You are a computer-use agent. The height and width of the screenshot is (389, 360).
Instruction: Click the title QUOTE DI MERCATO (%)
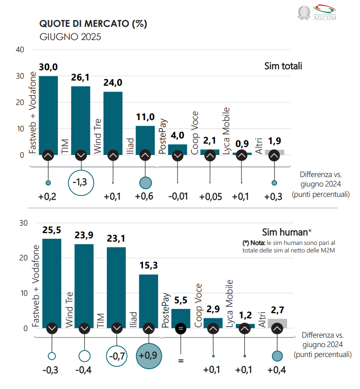click(x=93, y=24)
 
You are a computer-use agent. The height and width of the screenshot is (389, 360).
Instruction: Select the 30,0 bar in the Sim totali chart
click(x=48, y=113)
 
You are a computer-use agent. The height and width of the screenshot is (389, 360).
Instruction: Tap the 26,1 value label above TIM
click(x=80, y=78)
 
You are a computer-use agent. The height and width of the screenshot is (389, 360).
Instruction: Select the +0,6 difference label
click(x=145, y=197)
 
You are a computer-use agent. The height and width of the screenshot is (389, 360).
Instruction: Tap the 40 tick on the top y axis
click(x=20, y=50)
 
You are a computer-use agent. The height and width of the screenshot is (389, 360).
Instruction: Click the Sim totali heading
click(x=283, y=66)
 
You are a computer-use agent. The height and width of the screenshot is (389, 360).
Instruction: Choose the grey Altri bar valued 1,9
click(x=274, y=152)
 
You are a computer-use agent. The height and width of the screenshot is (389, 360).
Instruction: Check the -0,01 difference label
click(x=177, y=197)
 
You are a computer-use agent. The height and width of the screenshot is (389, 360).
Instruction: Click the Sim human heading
click(x=287, y=232)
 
